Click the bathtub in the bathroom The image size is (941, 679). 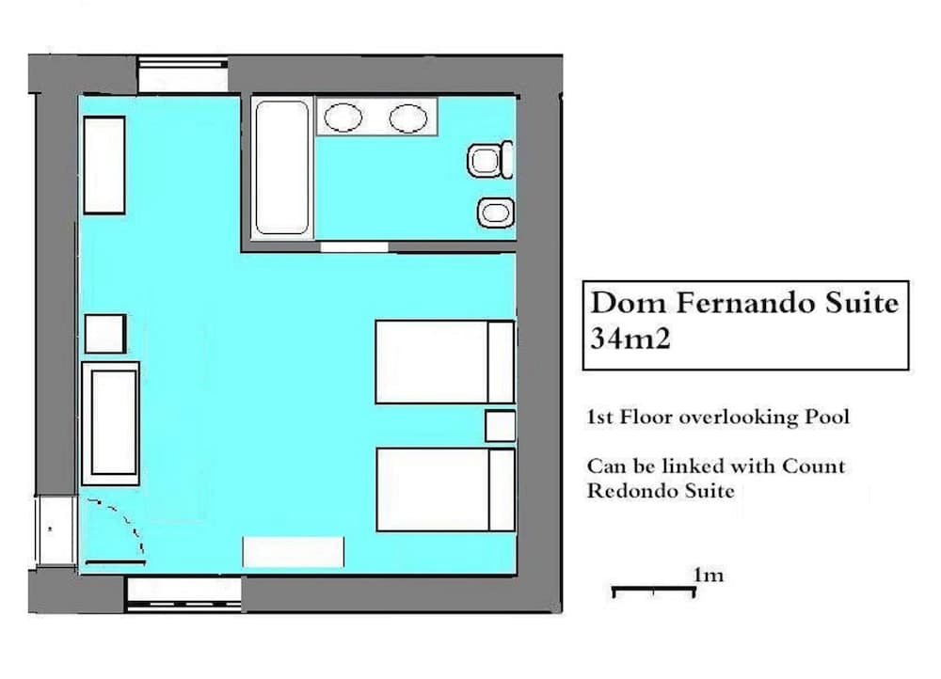point(282,167)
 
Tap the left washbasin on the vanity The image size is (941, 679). point(343,118)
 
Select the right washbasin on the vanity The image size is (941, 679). point(408,118)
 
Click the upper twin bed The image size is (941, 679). point(444,362)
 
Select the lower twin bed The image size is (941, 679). point(444,489)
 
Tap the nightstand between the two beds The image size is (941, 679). point(501,426)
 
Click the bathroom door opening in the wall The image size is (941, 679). point(354,247)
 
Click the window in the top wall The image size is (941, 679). point(183,76)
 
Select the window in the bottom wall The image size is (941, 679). point(183,593)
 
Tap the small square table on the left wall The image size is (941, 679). point(105,334)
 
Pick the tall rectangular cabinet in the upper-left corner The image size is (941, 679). point(104,166)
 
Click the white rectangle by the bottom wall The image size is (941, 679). point(294,551)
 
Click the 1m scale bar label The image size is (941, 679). point(708,575)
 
